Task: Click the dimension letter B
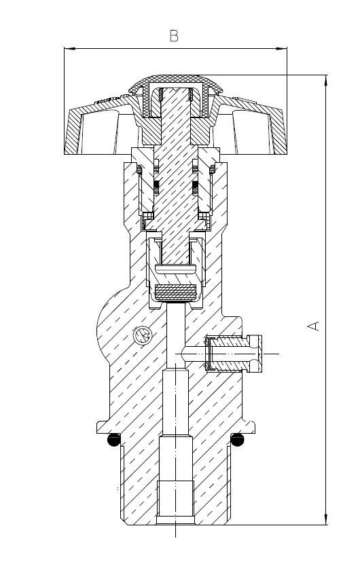click(174, 36)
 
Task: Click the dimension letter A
click(314, 326)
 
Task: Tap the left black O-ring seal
click(114, 440)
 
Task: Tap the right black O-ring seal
click(237, 440)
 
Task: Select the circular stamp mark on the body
click(143, 335)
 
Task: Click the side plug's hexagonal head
click(255, 354)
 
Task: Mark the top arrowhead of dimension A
click(326, 81)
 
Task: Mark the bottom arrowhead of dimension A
click(326, 519)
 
